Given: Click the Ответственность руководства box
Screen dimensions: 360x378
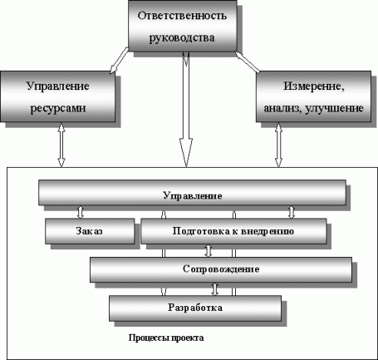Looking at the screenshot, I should (x=181, y=29).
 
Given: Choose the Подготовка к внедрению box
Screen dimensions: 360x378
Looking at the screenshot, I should (x=228, y=230).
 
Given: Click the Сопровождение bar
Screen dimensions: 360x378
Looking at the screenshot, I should (x=219, y=269).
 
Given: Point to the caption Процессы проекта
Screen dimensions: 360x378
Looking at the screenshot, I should (x=166, y=338).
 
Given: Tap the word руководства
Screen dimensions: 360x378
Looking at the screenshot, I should (x=181, y=39).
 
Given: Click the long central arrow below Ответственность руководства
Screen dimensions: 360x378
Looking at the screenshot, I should (x=184, y=108).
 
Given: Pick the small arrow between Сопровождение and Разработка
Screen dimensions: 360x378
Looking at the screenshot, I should (x=216, y=289).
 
